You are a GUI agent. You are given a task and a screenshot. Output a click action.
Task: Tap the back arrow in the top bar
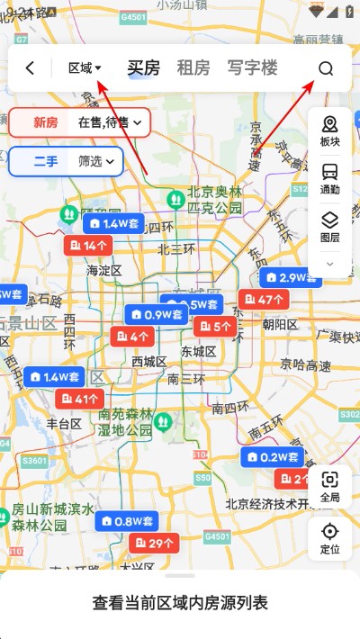[31, 68]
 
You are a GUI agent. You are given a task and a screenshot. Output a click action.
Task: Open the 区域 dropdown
[85, 67]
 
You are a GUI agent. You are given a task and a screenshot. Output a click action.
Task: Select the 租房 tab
[193, 67]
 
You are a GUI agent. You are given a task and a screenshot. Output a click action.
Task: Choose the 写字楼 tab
[252, 67]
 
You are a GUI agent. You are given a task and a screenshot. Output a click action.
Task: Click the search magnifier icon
[326, 68]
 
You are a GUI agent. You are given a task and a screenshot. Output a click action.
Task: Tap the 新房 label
[46, 122]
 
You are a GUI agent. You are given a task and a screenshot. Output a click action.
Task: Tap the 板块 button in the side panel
[329, 131]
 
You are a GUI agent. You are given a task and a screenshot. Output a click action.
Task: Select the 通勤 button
[329, 178]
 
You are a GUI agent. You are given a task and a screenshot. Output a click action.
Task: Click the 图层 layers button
[329, 226]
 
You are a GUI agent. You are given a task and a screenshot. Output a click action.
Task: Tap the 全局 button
[329, 487]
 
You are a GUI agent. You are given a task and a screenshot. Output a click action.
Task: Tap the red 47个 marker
[264, 300]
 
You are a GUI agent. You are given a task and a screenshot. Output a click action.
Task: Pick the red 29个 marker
[155, 543]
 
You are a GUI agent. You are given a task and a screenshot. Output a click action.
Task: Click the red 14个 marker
[88, 246]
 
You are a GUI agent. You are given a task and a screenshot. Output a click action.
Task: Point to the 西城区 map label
[149, 361]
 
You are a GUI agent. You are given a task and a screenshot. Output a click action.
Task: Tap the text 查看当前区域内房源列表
[180, 602]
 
